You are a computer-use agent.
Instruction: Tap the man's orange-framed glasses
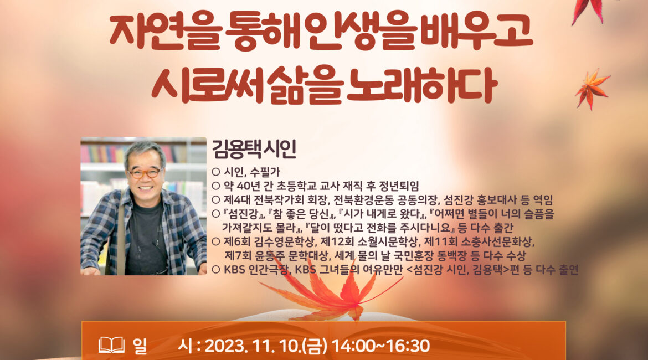[x=145, y=173]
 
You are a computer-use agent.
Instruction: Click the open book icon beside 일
[x=111, y=345]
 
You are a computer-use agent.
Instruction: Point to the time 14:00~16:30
[x=380, y=346]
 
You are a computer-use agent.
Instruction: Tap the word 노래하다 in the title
[x=421, y=85]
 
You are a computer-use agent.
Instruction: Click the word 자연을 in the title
[x=165, y=32]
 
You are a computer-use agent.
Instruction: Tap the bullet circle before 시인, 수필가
[x=216, y=172]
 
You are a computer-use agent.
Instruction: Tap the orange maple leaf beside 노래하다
[x=592, y=89]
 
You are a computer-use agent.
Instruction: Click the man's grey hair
[x=145, y=153]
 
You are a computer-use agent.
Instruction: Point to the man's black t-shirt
[x=145, y=240]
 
